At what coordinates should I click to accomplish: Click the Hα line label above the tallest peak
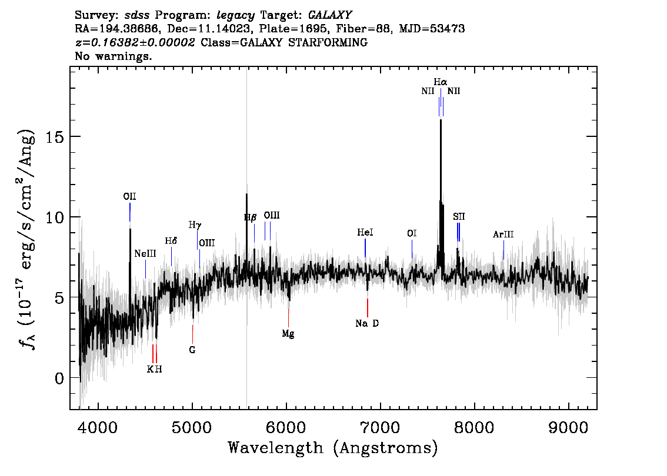coord(441,82)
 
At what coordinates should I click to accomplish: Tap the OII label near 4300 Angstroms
coord(130,196)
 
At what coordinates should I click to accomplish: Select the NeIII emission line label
coord(145,254)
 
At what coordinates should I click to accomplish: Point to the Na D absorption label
coord(367,323)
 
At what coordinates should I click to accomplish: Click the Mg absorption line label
coord(288,334)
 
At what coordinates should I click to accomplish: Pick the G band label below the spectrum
coord(192,350)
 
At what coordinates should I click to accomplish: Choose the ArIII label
coord(503,234)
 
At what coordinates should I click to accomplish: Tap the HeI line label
coord(365,233)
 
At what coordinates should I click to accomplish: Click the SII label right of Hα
coord(459,217)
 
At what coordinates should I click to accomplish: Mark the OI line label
coord(412,233)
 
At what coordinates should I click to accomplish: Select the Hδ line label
coord(171,241)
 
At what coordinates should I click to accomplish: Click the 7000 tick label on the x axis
coord(381,428)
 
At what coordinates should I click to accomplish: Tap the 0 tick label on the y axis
coord(59,378)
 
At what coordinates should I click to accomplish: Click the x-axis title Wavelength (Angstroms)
coord(333,448)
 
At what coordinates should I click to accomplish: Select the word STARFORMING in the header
coord(328,42)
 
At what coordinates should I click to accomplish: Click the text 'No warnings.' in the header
coord(113,56)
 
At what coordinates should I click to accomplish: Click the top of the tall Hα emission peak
coord(441,120)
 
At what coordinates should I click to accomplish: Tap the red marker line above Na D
coord(368,308)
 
